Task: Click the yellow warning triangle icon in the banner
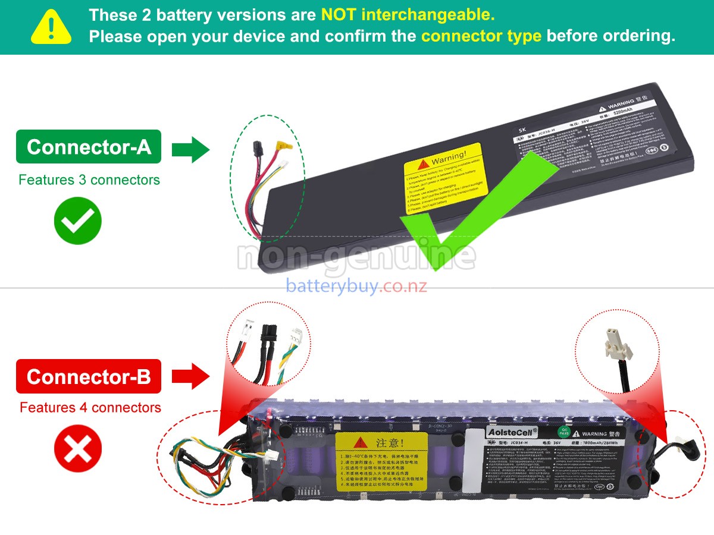[51, 27]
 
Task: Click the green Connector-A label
[89, 147]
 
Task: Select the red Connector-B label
[89, 376]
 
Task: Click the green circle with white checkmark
[78, 221]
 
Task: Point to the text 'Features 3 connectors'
[89, 180]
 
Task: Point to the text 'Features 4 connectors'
[90, 408]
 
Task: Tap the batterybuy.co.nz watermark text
[356, 286]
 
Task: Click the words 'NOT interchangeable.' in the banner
[408, 14]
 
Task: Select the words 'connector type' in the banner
[481, 36]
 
